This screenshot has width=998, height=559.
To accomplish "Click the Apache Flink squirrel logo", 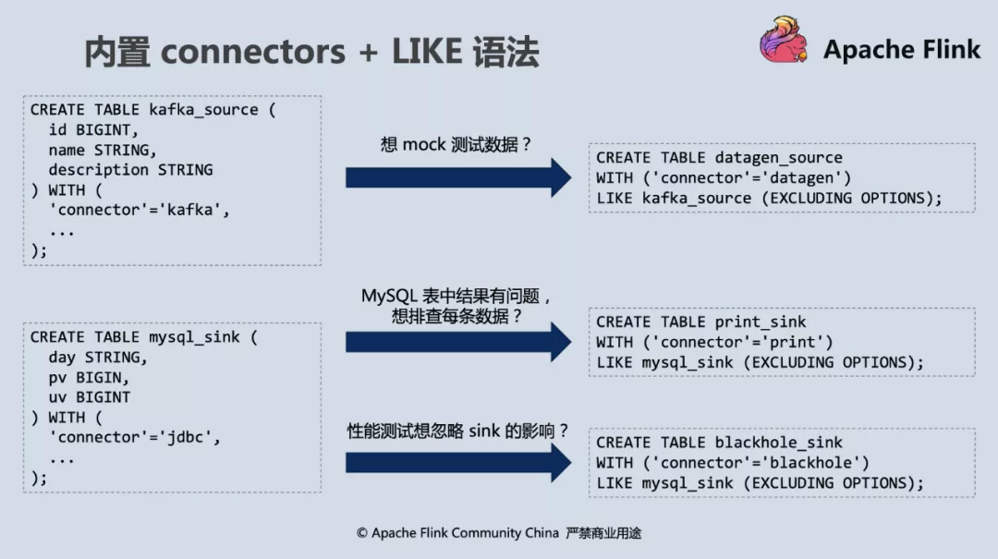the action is coord(784,40).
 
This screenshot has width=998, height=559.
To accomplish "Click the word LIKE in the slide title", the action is coord(426,51).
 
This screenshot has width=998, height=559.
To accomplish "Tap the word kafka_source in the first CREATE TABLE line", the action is coord(203,110).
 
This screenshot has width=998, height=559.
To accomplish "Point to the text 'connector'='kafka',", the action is coord(140,210).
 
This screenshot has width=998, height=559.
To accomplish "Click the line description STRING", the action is coord(130,169).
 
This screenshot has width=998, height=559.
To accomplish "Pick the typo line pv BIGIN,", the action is coord(89,378).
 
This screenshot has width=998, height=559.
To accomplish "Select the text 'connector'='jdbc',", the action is coord(135,437).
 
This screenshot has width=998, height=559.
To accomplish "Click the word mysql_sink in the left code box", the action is coord(194,337).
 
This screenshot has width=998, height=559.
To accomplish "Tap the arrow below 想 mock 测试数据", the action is coord(458,177).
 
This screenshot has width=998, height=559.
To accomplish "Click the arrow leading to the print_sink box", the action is coord(458,342).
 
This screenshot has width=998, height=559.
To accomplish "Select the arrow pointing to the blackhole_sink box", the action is coord(458,463).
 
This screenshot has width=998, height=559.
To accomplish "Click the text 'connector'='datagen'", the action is coord(748,177).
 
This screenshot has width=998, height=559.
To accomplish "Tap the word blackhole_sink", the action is coord(778,443).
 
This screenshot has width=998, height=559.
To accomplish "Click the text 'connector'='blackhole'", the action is coord(756,463).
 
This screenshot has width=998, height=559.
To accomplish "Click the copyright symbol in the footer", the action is coord(362,533).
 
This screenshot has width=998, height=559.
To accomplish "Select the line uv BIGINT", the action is coord(89,397).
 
